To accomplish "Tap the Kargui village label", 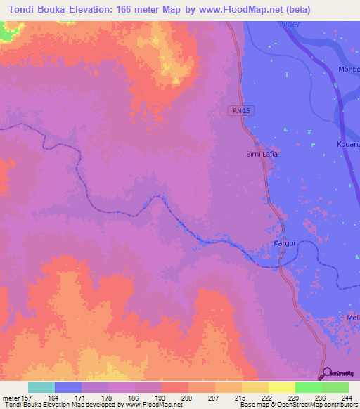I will [284, 244].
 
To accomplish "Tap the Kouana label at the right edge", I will [349, 144].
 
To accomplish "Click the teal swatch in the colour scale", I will [41, 387].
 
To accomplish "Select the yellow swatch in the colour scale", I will [282, 387].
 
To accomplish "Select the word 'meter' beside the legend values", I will [11, 398].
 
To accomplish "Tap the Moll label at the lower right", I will [353, 318].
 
